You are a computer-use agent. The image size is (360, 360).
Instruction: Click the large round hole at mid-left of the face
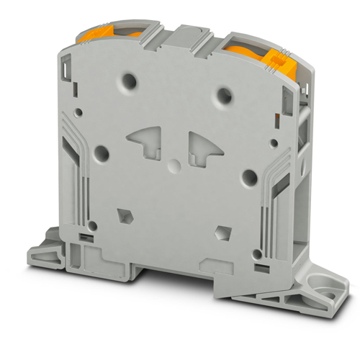(x=101, y=153)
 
